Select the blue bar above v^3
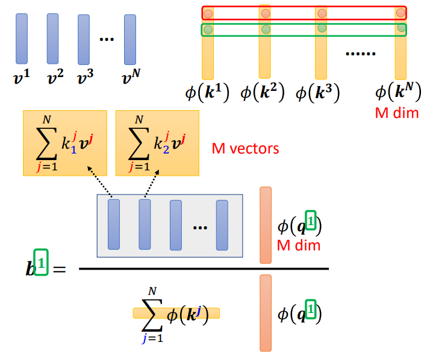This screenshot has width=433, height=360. click(84, 39)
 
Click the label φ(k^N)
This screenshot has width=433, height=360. click(397, 93)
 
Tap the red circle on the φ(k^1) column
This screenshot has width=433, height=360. click(207, 13)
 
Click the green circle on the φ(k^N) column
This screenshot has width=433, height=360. click(401, 28)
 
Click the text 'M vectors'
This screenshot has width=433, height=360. click(246, 148)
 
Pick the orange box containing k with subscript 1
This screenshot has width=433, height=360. click(65, 143)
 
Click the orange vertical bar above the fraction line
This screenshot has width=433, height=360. click(266, 225)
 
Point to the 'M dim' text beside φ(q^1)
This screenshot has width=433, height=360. click(298, 245)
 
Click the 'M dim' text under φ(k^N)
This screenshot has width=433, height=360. click(397, 113)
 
